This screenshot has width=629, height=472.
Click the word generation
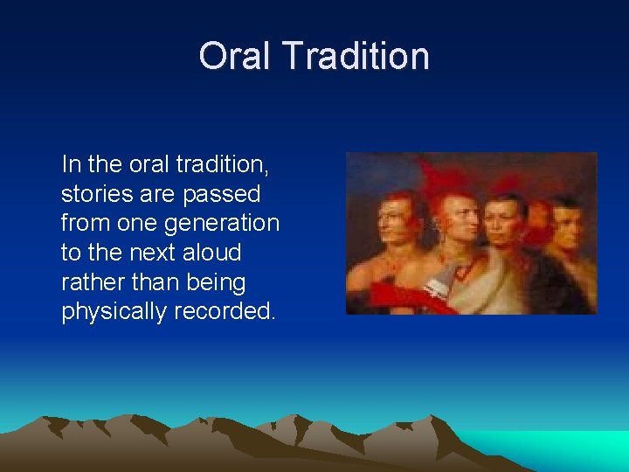click(x=222, y=224)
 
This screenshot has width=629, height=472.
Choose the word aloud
click(x=211, y=253)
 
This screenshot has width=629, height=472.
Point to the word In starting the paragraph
click(x=69, y=163)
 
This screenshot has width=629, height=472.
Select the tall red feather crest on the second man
click(x=441, y=175)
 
